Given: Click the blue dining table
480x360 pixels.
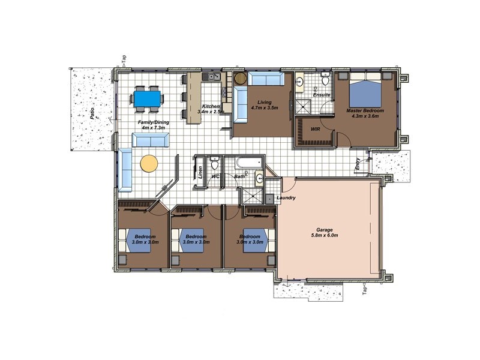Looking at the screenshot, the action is point(147,98).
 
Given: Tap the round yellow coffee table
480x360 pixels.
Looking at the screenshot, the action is point(149,164).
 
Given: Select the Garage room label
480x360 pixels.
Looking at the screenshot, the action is point(325,230).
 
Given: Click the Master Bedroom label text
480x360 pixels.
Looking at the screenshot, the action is point(365,110).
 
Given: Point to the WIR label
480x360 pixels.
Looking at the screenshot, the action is point(316,129).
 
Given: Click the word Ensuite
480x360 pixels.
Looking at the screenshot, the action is point(322,95).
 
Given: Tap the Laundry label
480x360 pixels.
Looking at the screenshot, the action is point(286,198).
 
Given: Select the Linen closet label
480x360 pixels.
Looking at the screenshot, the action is point(200,172).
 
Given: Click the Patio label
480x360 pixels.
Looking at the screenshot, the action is point(92,113).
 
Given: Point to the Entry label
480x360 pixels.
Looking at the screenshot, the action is point(357,164).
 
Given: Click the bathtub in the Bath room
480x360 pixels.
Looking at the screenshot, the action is point(249,163).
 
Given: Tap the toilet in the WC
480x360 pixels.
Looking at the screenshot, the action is point(215,163).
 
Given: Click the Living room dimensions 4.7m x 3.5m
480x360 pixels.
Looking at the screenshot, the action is point(265,108).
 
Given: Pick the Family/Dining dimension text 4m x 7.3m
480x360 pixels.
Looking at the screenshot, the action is point(154,127).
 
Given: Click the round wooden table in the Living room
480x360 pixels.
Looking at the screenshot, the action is point(240,78).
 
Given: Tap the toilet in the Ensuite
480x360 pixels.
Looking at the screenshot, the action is point(325,79).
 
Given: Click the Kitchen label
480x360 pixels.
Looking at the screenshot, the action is point(211,106).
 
